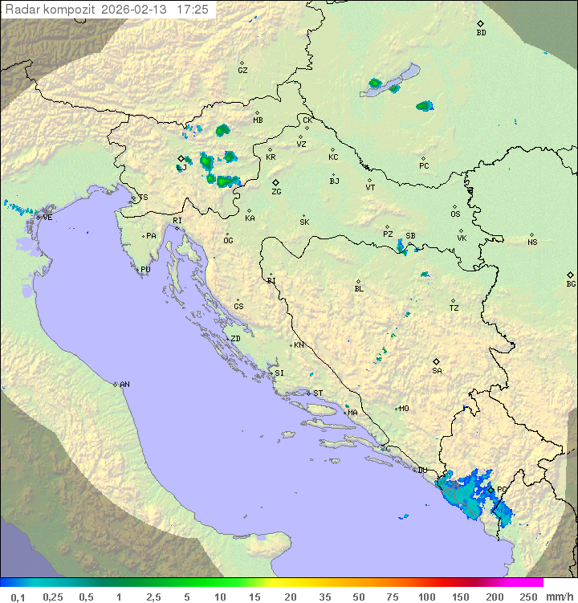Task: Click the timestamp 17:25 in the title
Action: [x=193, y=10]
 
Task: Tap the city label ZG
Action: [x=276, y=192]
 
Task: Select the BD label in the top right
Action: [x=481, y=33]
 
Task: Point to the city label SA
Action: [x=437, y=371]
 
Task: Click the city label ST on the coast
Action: [x=318, y=393]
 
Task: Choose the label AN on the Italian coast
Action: [x=124, y=385]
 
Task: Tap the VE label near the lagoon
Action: [x=47, y=218]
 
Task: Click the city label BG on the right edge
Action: [x=571, y=283]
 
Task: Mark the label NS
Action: [x=532, y=242]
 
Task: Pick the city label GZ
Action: [x=242, y=70]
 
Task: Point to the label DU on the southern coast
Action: [x=422, y=471]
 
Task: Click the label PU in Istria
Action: [x=145, y=270]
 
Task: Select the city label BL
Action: [x=359, y=289]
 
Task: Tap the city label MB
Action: [x=258, y=120]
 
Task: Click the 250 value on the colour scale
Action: [x=528, y=597]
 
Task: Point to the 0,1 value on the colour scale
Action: [x=18, y=597]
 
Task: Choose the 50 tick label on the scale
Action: [x=357, y=597]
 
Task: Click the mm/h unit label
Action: [x=560, y=597]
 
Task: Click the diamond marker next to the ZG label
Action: [x=275, y=183]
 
